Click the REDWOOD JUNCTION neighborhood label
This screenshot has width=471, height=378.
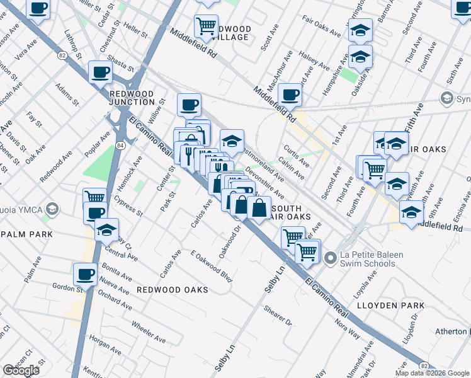pyautogui.click(x=132, y=98)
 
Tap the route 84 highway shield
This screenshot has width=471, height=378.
pyautogui.click(x=120, y=146)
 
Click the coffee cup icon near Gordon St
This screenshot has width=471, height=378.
pyautogui.click(x=86, y=275)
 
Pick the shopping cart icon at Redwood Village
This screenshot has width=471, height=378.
pyautogui.click(x=206, y=26)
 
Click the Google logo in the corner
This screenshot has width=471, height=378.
pyautogui.click(x=21, y=370)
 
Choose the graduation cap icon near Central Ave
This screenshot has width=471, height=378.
pyautogui.click(x=106, y=230)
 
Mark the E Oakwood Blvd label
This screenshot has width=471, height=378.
pyautogui.click(x=212, y=266)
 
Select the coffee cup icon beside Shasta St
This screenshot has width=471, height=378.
pyautogui.click(x=100, y=72)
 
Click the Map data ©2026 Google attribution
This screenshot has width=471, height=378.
pyautogui.click(x=432, y=373)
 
